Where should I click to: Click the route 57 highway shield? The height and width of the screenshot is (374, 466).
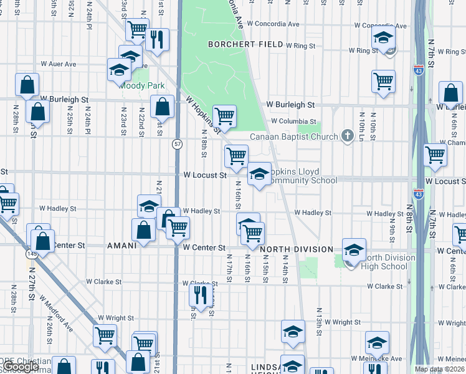coord(178,144)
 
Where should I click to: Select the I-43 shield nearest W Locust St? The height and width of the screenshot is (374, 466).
coord(418,195)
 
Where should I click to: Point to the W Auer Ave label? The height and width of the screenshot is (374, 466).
coord(58,64)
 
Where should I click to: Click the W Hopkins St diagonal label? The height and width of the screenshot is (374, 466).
coord(203,113)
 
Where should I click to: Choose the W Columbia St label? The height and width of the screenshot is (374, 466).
coord(293,122)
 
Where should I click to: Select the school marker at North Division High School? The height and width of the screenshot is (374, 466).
coord(354,251)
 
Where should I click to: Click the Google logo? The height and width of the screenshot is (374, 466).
coord(21,367)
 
